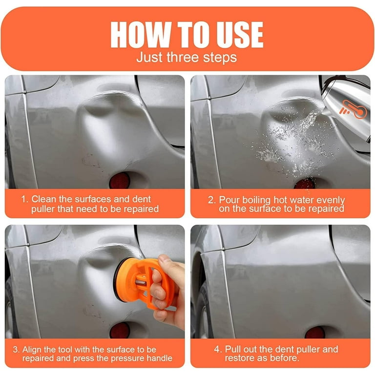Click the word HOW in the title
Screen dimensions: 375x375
141,35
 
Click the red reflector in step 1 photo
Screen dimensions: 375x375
119,181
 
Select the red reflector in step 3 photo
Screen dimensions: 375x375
119,331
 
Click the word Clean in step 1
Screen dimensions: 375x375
44,199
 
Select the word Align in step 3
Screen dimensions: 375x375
32,350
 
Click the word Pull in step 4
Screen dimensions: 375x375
233,349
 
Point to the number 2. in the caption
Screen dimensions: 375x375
211,200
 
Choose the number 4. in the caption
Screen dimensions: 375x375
218,350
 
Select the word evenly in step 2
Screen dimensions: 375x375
331,200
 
